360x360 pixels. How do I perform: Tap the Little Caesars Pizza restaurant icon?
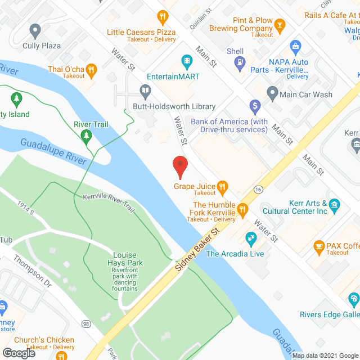(x=163, y=17)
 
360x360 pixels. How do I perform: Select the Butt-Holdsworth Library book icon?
(x=145, y=91)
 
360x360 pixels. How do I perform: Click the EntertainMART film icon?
(x=187, y=60)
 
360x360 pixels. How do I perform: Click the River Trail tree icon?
(x=85, y=135)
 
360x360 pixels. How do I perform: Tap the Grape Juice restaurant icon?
(x=223, y=187)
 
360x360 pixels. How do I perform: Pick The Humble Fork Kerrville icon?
(x=243, y=210)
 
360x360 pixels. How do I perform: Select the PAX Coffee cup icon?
(x=319, y=246)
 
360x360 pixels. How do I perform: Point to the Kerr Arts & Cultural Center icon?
(x=335, y=205)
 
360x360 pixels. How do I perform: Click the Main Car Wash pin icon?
(x=273, y=91)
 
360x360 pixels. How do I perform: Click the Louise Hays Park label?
(x=125, y=259)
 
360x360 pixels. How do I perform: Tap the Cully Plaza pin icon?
(x=36, y=30)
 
